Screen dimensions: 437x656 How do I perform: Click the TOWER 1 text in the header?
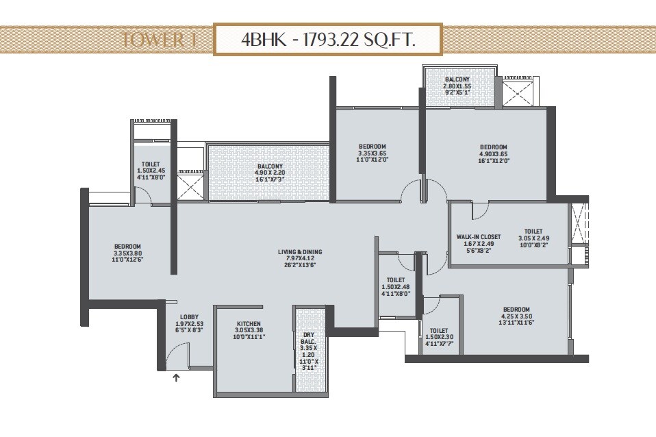tap(158, 40)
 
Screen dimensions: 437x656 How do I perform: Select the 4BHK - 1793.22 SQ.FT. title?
tap(328, 39)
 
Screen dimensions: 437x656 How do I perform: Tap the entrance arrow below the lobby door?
tap(176, 376)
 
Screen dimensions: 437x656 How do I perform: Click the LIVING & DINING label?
tap(299, 252)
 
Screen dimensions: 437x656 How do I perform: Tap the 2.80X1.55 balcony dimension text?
tap(457, 87)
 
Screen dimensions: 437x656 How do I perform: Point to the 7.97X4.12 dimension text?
tap(299, 259)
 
